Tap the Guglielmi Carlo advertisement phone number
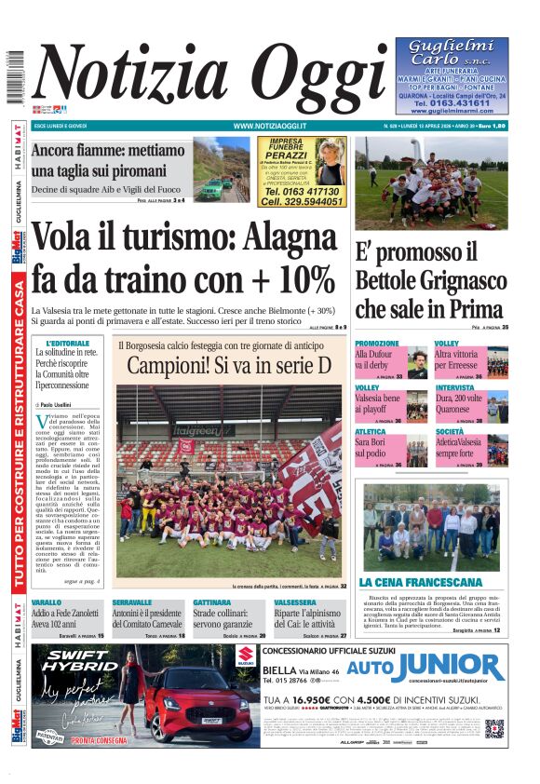click(x=451, y=102)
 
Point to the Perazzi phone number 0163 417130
click(x=302, y=191)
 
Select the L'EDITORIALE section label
click(x=61, y=343)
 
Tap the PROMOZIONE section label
click(x=376, y=344)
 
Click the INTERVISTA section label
click(x=454, y=386)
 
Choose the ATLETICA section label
click(x=371, y=431)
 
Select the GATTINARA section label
click(x=212, y=602)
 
